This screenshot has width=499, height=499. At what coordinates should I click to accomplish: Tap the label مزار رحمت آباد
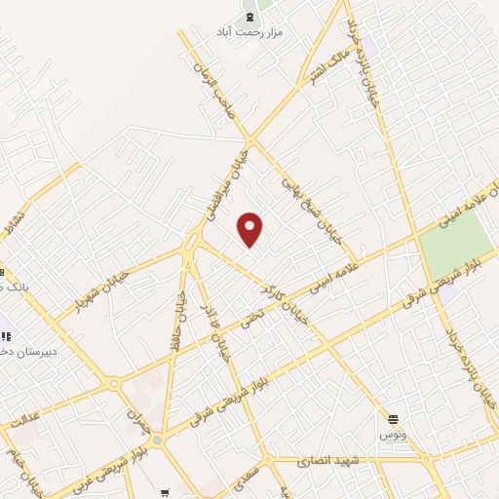tap(249, 32)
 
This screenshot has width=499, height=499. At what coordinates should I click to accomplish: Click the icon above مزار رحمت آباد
tap(249, 18)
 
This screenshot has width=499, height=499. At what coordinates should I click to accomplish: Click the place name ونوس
tap(391, 430)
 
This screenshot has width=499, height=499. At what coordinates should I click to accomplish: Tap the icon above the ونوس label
tap(393, 415)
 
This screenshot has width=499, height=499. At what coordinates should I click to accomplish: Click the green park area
tap(457, 244)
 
